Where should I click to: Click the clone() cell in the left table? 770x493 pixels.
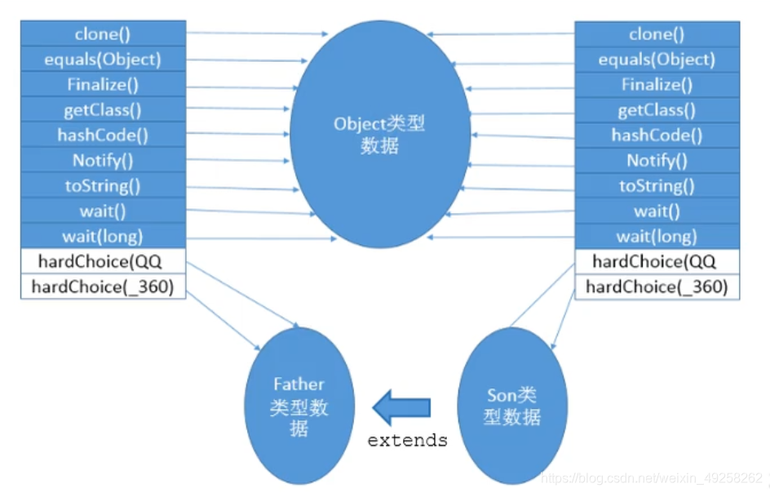coord(103,34)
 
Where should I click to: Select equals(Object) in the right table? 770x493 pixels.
coord(657,60)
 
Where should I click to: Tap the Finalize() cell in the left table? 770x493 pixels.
coord(103,85)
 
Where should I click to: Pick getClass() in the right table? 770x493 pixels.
coord(657,110)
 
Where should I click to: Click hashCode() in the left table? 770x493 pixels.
coord(103,135)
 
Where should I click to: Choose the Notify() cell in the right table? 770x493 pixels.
coord(657,161)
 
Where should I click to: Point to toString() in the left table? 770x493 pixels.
coord(103,186)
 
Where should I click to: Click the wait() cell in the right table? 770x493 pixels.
coord(657,211)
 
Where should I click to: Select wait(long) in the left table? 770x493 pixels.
coord(103,237)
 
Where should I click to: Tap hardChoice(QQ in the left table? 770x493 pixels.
coord(103,262)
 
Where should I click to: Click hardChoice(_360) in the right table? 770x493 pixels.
coord(657,287)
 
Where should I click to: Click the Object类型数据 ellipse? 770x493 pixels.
coord(380,135)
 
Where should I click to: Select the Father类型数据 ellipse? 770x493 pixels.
coord(299,406)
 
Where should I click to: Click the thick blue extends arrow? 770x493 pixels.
coord(401,406)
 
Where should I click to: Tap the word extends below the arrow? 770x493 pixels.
coord(407,441)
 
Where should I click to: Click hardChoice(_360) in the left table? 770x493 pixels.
coord(103,287)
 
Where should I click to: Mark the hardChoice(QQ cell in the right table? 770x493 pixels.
coord(657,262)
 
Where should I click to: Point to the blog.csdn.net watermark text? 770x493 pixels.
coord(653,477)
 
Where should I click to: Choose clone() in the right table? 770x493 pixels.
coord(657,34)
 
